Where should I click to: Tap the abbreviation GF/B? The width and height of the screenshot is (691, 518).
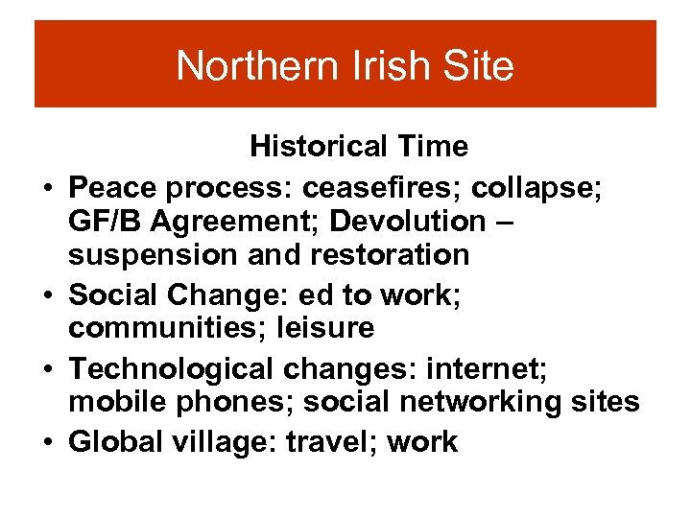click(105, 221)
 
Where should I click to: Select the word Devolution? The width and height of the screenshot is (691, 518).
click(408, 221)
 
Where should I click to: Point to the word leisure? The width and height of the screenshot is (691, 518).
click(324, 328)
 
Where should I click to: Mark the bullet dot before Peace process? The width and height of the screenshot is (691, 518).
click(45, 186)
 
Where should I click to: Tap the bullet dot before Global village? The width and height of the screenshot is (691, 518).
click(45, 443)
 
